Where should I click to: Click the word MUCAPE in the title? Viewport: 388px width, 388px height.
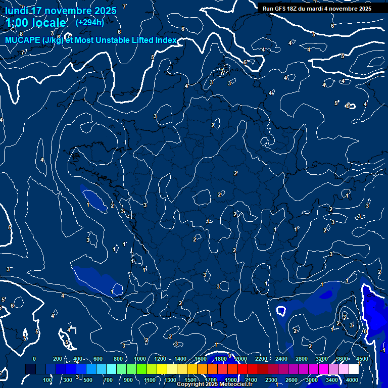(x=21, y=40)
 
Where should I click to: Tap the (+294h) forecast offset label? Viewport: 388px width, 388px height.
(x=90, y=22)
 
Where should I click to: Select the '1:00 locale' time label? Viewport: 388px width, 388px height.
(x=36, y=23)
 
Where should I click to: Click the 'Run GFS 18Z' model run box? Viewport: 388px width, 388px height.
(x=317, y=9)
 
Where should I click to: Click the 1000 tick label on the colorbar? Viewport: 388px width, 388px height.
(x=140, y=359)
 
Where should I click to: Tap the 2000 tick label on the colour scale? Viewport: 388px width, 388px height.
(x=240, y=359)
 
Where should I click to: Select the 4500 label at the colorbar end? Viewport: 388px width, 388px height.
(x=362, y=359)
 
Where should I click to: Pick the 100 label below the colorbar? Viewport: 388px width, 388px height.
(x=47, y=380)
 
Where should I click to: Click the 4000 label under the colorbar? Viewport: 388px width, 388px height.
(x=352, y=380)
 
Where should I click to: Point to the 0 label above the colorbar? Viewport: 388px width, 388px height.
(x=34, y=359)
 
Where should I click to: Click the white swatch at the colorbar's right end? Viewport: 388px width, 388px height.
(x=354, y=369)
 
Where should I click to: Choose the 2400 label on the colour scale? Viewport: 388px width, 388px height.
(x=281, y=359)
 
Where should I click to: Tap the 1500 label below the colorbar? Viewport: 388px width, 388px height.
(x=190, y=380)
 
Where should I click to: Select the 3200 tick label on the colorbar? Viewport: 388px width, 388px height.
(x=322, y=359)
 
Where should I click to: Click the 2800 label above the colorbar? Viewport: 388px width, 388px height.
(x=302, y=359)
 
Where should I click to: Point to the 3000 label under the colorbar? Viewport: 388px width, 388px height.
(x=312, y=380)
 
